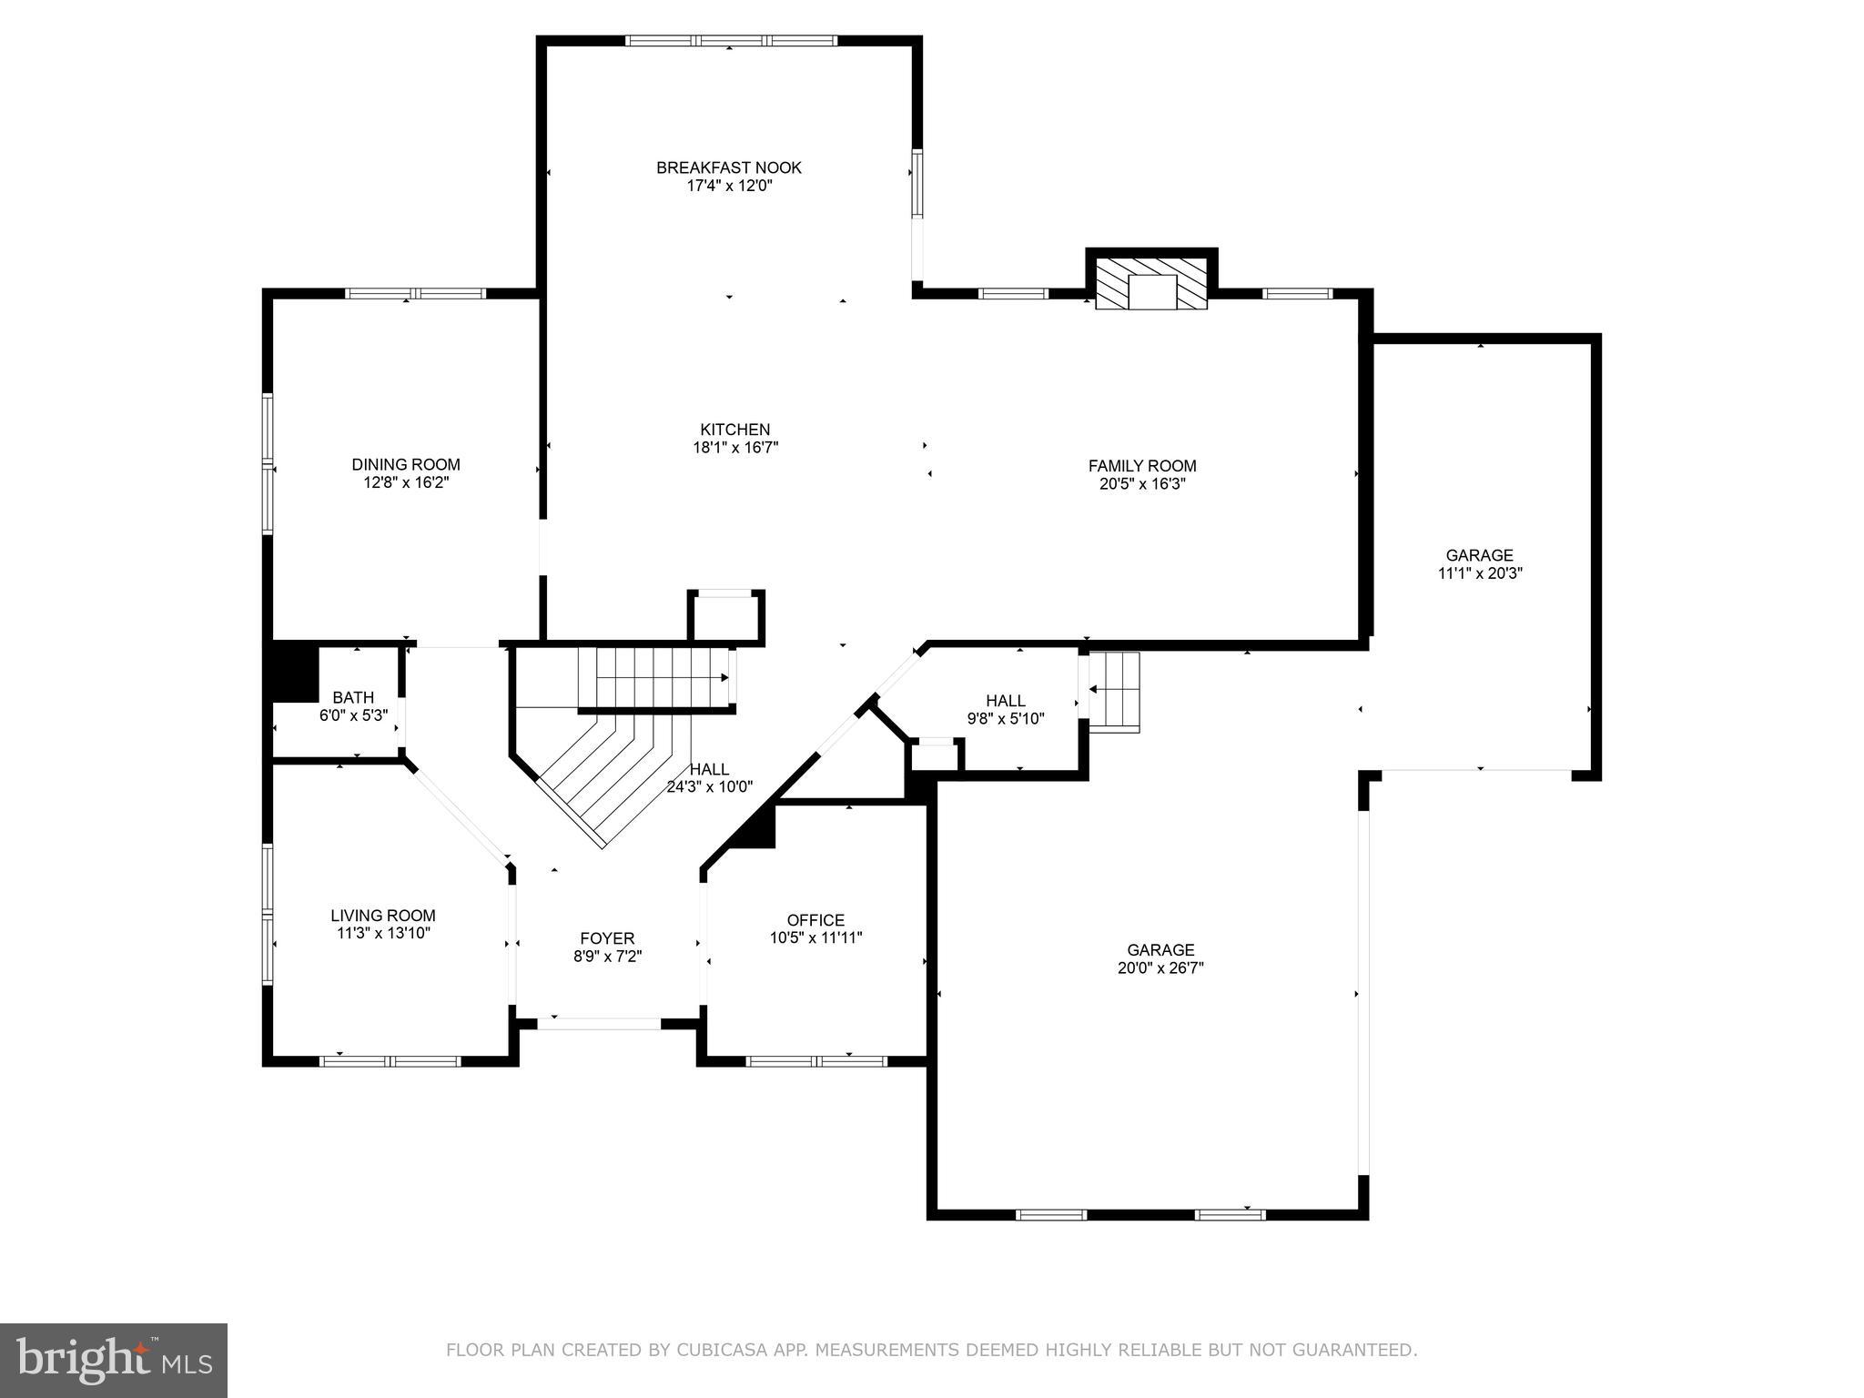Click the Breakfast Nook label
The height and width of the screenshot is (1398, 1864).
pos(729,167)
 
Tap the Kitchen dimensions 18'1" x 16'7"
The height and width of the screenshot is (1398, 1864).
pos(735,448)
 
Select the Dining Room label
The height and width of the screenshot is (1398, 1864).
pos(406,464)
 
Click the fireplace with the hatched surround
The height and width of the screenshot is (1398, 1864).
pos(1151,284)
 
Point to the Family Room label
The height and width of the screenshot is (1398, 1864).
pos(1142,466)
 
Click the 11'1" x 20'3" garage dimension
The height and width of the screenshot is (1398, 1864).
pos(1480,573)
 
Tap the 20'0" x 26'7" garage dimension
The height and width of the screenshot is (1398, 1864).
pos(1160,968)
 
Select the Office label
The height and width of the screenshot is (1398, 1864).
pos(815,920)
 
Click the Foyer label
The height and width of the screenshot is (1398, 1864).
pos(607,938)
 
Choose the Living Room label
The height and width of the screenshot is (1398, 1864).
pos(383,916)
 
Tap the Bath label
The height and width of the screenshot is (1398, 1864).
pos(353,698)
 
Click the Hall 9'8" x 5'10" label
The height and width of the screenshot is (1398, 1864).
pos(1006,701)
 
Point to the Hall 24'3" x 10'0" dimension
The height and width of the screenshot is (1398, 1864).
pos(710,787)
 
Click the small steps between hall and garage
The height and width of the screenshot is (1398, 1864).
pos(1114,692)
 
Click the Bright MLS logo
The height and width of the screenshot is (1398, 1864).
pos(113,1360)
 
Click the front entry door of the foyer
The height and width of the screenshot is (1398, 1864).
pos(599,1023)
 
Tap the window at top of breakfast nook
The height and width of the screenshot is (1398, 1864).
pos(731,41)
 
